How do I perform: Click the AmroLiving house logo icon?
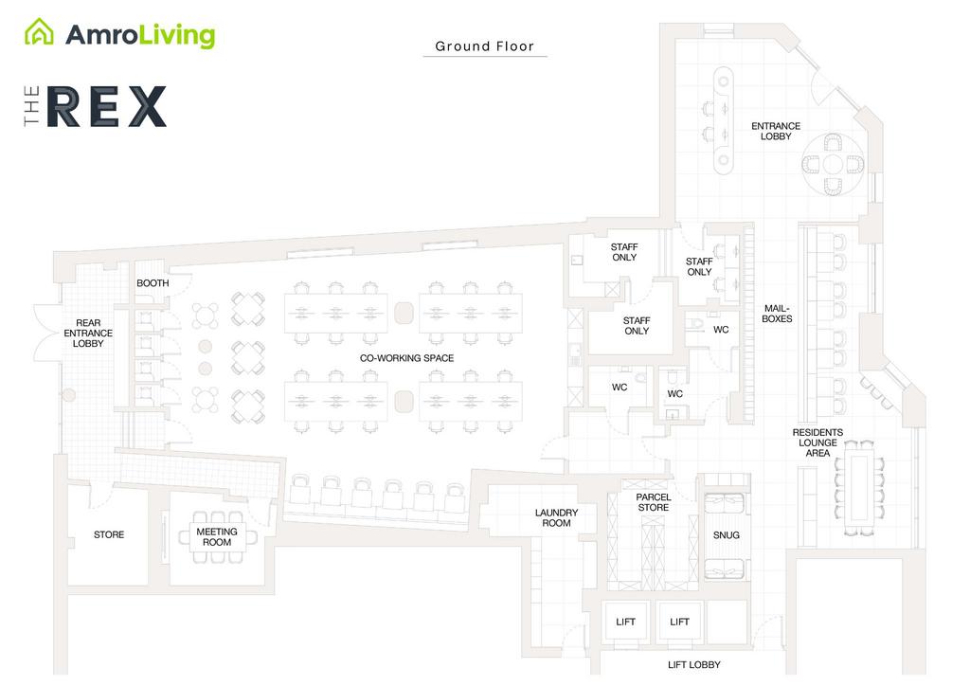(39, 33)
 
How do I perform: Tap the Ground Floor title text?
(484, 45)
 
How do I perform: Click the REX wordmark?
(106, 106)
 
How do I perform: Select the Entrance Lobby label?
(776, 132)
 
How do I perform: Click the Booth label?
(153, 283)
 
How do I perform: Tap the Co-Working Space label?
(406, 358)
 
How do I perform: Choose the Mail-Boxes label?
(778, 314)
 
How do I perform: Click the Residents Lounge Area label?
(817, 442)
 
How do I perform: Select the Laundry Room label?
(556, 518)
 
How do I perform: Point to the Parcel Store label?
(653, 502)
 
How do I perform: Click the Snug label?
(727, 535)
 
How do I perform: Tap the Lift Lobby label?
(693, 665)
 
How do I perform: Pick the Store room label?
(109, 534)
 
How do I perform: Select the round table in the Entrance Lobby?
(833, 164)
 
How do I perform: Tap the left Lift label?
(625, 623)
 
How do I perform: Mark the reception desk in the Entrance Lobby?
(725, 120)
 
